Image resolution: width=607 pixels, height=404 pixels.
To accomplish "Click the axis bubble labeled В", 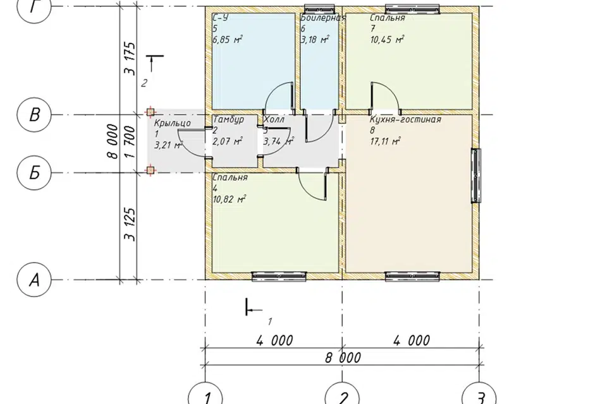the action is coord(34,115).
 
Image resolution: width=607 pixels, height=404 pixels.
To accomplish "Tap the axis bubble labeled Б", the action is coord(34,173).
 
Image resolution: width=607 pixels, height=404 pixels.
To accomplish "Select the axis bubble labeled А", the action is coord(34,280).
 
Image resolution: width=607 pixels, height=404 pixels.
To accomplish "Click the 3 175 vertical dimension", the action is coord(130,58).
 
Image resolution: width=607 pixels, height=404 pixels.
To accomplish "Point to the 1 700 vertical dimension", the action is coord(130,142).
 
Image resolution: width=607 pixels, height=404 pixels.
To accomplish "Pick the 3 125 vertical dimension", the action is coord(130,225).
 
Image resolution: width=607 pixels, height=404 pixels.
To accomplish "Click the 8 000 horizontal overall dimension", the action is coord(343,358).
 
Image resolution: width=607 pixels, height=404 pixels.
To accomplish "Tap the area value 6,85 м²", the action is coord(228,39).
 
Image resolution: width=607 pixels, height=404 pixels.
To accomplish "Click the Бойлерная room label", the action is coord(323,18).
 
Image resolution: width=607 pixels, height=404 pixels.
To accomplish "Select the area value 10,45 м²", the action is coord(387,39).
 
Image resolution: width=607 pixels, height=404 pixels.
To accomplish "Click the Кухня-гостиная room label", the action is coord(405,119).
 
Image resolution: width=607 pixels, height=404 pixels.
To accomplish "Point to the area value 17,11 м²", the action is coord(386,141).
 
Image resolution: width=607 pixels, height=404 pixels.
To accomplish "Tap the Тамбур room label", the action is coord(228,119).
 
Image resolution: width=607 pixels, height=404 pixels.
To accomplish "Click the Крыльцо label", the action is coord(172,123).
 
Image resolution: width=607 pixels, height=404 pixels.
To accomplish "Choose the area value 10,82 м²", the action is coord(230,199).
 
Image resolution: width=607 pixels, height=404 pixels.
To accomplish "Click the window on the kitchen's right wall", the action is coord(475,175).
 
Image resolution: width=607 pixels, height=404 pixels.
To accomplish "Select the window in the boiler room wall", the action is coord(319,8).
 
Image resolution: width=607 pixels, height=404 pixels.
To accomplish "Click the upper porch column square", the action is coord(150,112).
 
